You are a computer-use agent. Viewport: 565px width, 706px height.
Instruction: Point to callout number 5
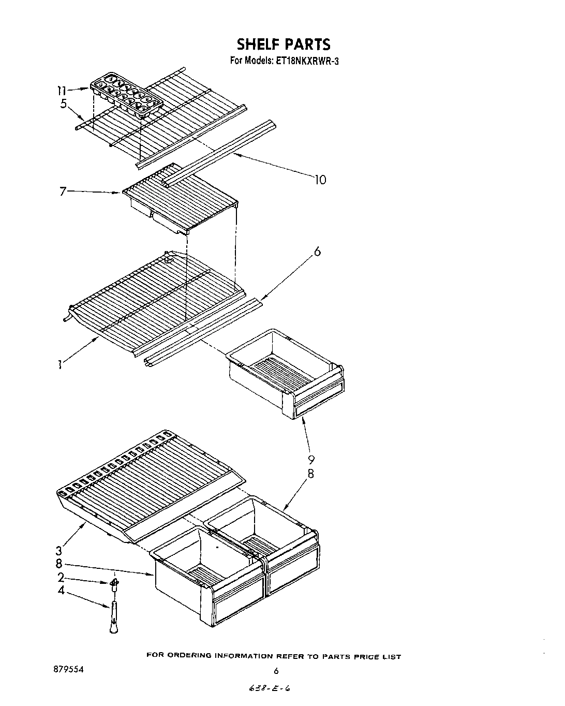click(x=63, y=104)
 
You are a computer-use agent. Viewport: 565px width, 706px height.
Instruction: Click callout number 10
click(x=320, y=180)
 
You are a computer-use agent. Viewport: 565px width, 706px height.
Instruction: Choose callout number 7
click(x=63, y=192)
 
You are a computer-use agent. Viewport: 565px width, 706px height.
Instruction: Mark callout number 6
click(x=317, y=252)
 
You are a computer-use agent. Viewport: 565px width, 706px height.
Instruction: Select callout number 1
click(x=61, y=365)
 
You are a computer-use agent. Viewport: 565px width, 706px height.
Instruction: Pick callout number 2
click(x=61, y=577)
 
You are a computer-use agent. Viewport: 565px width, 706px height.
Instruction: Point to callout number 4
click(x=61, y=590)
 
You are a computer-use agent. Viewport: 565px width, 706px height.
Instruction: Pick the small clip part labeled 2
click(x=115, y=584)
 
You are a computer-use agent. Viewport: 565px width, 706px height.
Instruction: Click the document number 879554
click(x=65, y=669)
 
